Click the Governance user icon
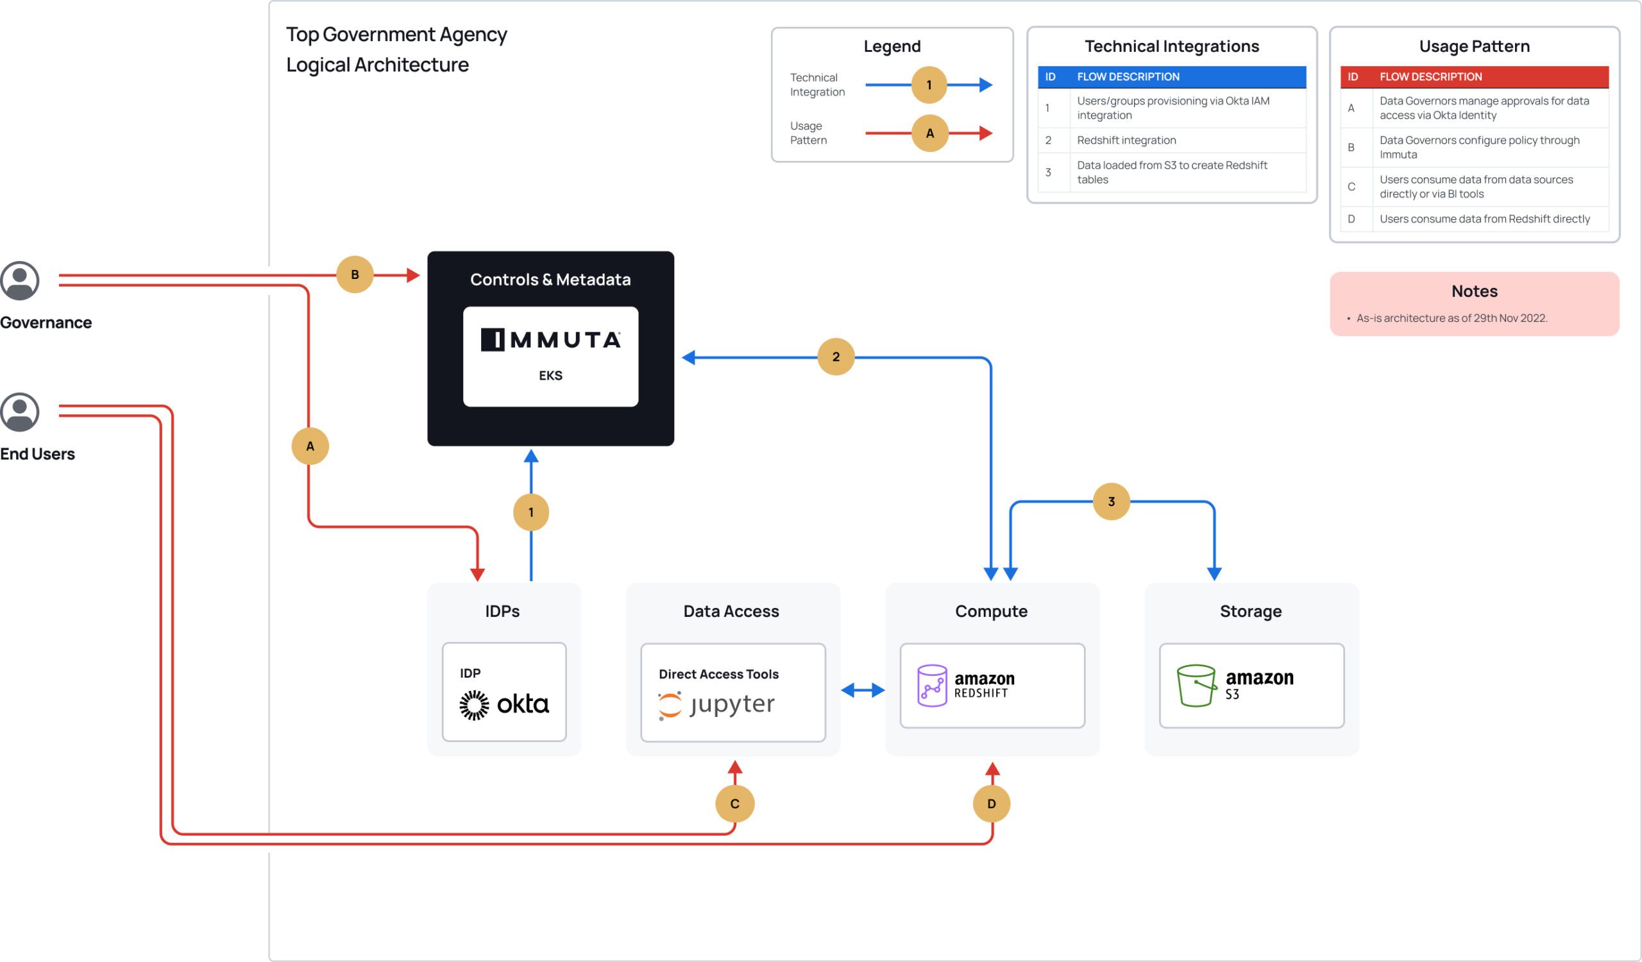(19, 281)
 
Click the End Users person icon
(19, 412)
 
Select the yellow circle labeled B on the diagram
(355, 274)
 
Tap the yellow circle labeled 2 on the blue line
(835, 357)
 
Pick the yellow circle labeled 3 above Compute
(1111, 501)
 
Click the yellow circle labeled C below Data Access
(734, 803)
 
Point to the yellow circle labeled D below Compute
(991, 803)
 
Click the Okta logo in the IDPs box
(504, 704)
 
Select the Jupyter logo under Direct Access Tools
(716, 705)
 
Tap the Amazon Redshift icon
(932, 685)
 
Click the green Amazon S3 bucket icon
(1196, 685)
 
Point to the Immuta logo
(550, 339)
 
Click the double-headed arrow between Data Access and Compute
(863, 689)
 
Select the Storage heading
(1250, 611)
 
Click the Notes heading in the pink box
(1474, 291)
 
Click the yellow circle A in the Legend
(929, 133)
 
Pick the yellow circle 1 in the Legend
(929, 85)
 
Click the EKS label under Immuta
(550, 375)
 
